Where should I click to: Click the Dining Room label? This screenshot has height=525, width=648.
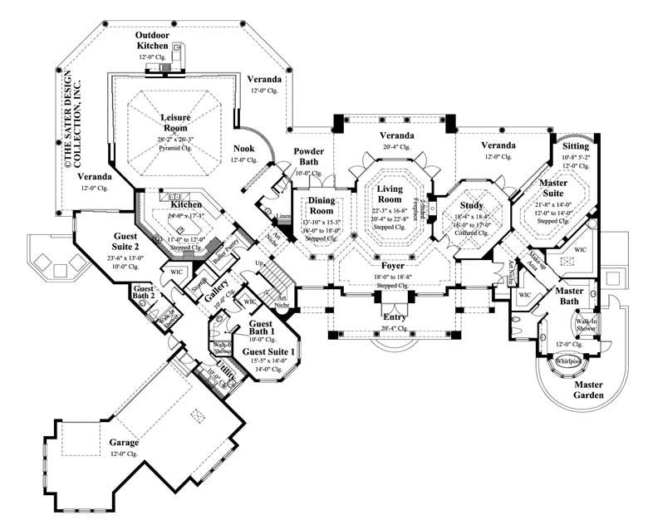(315, 204)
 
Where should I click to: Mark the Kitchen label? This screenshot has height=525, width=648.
(186, 204)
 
